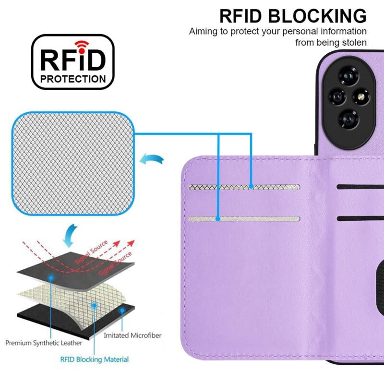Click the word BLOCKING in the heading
point(317,16)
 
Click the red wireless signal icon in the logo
point(82,47)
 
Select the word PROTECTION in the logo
point(73,79)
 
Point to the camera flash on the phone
point(361,97)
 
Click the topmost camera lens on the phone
point(349,76)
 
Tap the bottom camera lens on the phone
point(349,119)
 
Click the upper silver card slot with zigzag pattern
point(244,187)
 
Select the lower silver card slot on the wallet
point(244,219)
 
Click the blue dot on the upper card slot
point(251,187)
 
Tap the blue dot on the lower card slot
point(218,219)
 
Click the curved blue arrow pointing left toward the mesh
point(151,159)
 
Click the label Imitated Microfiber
point(132,335)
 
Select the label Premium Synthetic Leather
point(44,343)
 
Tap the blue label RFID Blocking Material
point(94,359)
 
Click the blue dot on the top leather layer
point(51,278)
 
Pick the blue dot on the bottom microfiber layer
point(122,311)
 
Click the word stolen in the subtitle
point(354,42)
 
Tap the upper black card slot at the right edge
point(360,187)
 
